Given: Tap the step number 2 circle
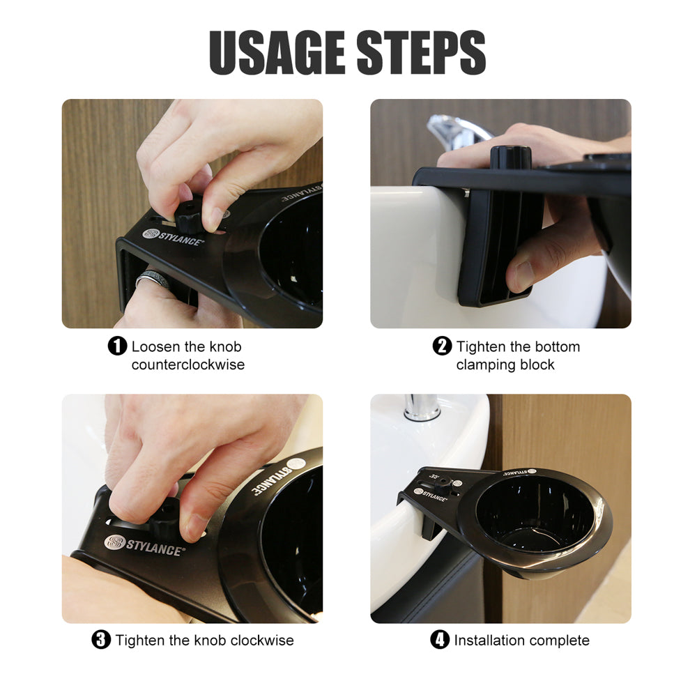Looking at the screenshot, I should [443, 346].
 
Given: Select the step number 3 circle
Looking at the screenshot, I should [102, 640].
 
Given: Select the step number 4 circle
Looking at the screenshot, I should [440, 640].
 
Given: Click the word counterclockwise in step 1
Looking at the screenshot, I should [188, 365].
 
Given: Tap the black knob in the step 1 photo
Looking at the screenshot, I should [190, 216].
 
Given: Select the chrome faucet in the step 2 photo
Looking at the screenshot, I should [453, 129].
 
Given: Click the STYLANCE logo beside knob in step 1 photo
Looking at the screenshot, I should [173, 236].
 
